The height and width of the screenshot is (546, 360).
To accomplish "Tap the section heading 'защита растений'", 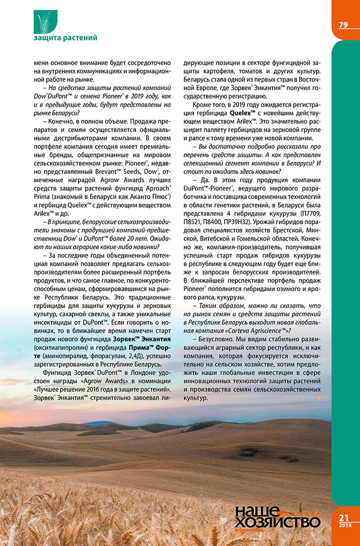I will click(65, 38).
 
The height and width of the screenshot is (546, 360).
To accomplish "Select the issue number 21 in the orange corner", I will click(344, 518).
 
